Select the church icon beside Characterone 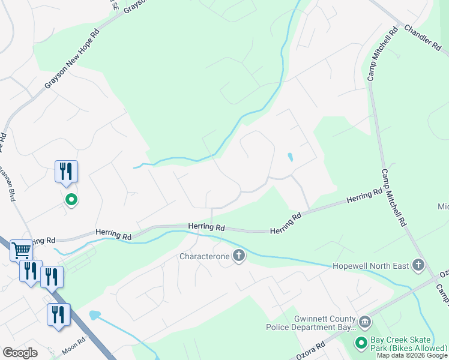pyautogui.click(x=239, y=256)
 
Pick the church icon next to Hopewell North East pyautogui.click(x=418, y=265)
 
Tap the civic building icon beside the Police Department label pyautogui.click(x=364, y=323)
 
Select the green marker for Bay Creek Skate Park pyautogui.click(x=361, y=343)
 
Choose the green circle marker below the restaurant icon pyautogui.click(x=71, y=199)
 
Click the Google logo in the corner pyautogui.click(x=20, y=353)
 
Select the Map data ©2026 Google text pyautogui.click(x=412, y=355)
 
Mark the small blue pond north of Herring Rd pyautogui.click(x=291, y=158)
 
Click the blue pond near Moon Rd pyautogui.click(x=94, y=315)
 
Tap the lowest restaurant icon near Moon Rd pyautogui.click(x=58, y=314)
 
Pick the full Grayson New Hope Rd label pyautogui.click(x=72, y=59)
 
